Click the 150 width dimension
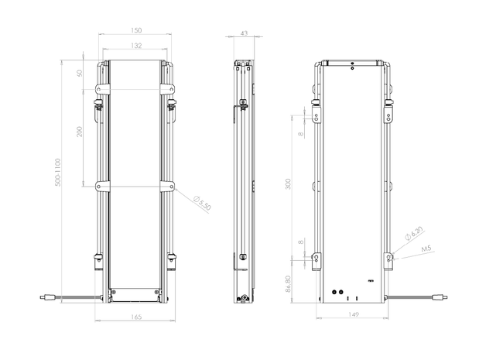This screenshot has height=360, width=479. point(136,30)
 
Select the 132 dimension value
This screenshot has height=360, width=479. point(136,46)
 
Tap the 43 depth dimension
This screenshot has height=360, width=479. point(244,33)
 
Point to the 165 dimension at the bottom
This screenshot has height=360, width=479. point(135,317)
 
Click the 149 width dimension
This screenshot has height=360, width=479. point(353,314)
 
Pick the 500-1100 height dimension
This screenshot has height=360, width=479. point(57,172)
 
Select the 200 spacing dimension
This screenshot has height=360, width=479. point(80,132)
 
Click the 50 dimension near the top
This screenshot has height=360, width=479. point(80,74)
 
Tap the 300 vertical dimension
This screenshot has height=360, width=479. point(288,183)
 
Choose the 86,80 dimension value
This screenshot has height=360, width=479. point(288,284)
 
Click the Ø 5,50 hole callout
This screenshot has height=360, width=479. point(202,204)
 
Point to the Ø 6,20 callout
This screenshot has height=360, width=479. point(414,234)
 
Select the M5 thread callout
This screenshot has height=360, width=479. point(426,249)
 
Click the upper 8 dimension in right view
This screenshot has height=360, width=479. point(301,134)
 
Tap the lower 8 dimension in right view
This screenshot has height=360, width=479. point(301,242)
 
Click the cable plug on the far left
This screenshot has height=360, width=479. point(48,297)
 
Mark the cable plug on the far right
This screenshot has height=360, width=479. point(440,297)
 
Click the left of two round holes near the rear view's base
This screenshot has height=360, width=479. point(334,292)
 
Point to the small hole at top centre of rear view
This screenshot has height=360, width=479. point(353,68)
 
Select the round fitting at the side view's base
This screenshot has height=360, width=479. point(245,297)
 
